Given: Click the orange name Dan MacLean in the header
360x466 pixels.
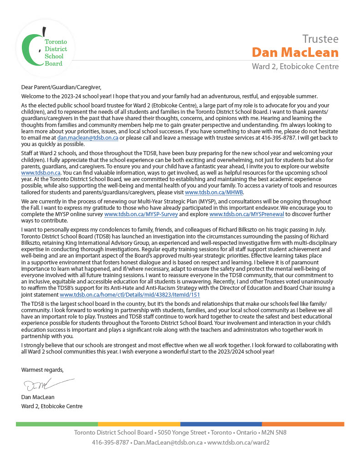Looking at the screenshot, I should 295,52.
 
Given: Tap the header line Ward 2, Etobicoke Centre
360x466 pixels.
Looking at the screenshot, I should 295,66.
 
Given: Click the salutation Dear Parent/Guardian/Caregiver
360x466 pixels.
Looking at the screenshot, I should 61,87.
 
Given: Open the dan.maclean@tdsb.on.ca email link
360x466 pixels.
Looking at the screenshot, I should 88,137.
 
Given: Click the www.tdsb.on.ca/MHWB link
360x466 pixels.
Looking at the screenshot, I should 214,192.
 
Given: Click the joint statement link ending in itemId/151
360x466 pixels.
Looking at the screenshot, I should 130,294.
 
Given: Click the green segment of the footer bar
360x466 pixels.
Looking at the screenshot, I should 57,424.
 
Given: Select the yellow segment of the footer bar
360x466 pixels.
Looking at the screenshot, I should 139,424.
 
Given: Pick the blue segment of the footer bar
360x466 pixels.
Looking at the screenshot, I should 221,424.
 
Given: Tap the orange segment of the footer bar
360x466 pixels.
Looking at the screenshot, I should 303,424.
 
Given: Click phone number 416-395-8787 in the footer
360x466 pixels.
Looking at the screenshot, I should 110,442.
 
